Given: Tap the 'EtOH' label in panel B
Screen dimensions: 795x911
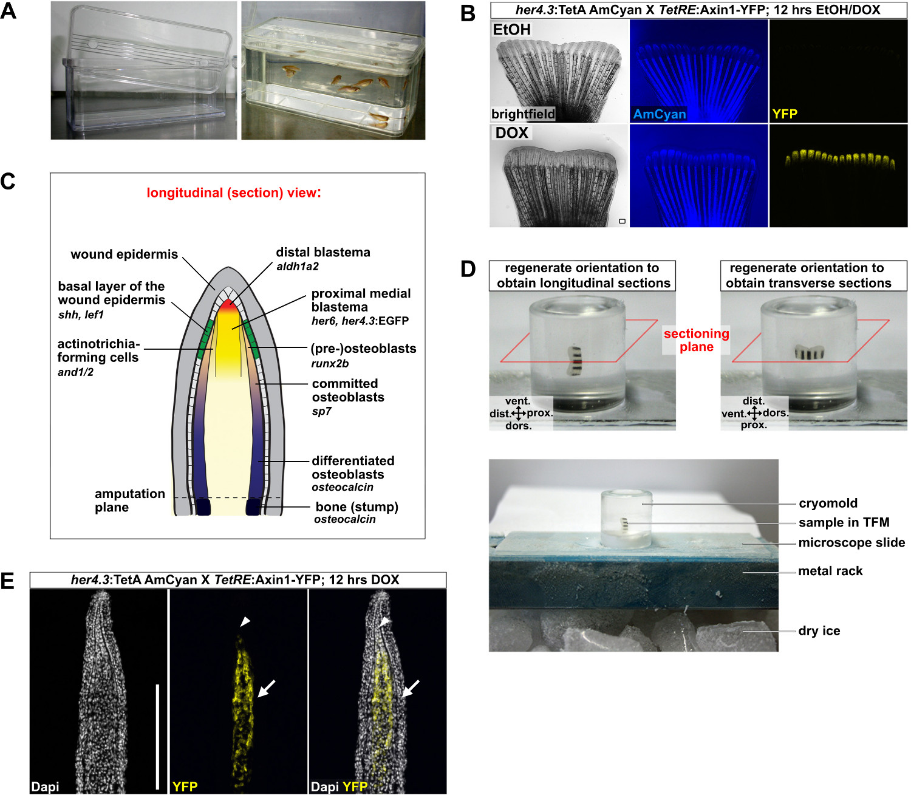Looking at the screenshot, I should coord(511,30).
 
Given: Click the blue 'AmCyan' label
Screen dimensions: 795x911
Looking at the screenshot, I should coord(659,114).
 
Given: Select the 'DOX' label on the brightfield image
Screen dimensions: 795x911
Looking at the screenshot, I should coord(511,133).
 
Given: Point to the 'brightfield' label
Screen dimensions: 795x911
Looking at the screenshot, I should coord(523,114).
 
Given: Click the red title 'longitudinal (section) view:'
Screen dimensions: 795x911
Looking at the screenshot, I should coord(234,193).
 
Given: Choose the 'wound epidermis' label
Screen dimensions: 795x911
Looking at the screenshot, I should coord(124,254).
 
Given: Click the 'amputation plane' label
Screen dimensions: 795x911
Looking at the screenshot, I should coord(129,500).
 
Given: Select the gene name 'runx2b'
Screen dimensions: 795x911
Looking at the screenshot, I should coord(330,364).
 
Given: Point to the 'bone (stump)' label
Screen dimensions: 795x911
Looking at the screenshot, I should coord(357,507).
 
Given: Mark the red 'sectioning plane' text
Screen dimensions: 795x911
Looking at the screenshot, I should coord(696,340).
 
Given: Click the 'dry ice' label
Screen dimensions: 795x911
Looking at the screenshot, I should coord(819,631).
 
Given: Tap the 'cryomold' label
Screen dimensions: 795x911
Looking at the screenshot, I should coord(828,503).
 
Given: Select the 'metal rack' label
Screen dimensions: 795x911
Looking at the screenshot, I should coord(830,571).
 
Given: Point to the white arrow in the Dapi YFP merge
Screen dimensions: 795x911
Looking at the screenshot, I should coord(411,688).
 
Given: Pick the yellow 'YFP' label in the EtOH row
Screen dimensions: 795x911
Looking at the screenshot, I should coord(784,114).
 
